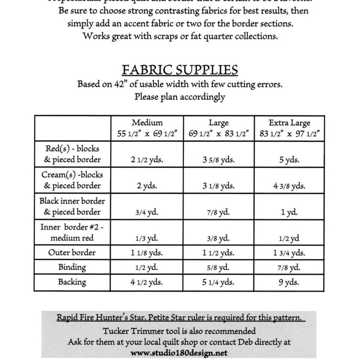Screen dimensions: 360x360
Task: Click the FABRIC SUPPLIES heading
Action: (x=180, y=70)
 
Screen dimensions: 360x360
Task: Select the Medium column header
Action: (x=147, y=128)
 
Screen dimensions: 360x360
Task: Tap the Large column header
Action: (x=218, y=128)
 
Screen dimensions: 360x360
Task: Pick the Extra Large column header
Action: (x=289, y=128)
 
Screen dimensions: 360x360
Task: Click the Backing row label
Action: (x=72, y=282)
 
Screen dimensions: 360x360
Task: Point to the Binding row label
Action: (x=72, y=267)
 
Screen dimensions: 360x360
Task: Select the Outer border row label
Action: (x=72, y=252)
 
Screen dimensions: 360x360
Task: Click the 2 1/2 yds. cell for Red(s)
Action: (x=147, y=160)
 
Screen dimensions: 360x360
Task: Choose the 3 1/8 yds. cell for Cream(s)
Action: (x=218, y=186)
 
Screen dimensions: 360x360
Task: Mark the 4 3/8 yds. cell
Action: (x=289, y=186)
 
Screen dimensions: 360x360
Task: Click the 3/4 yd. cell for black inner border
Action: (x=147, y=212)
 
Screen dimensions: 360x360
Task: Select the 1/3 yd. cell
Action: (x=147, y=238)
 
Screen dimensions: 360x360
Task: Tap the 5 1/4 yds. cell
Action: (x=218, y=282)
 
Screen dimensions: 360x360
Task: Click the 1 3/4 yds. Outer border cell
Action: (x=289, y=253)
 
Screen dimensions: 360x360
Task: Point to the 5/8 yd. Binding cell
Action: (x=218, y=268)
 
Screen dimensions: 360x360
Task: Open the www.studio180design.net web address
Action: (x=179, y=353)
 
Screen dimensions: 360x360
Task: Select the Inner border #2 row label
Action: (x=72, y=232)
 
